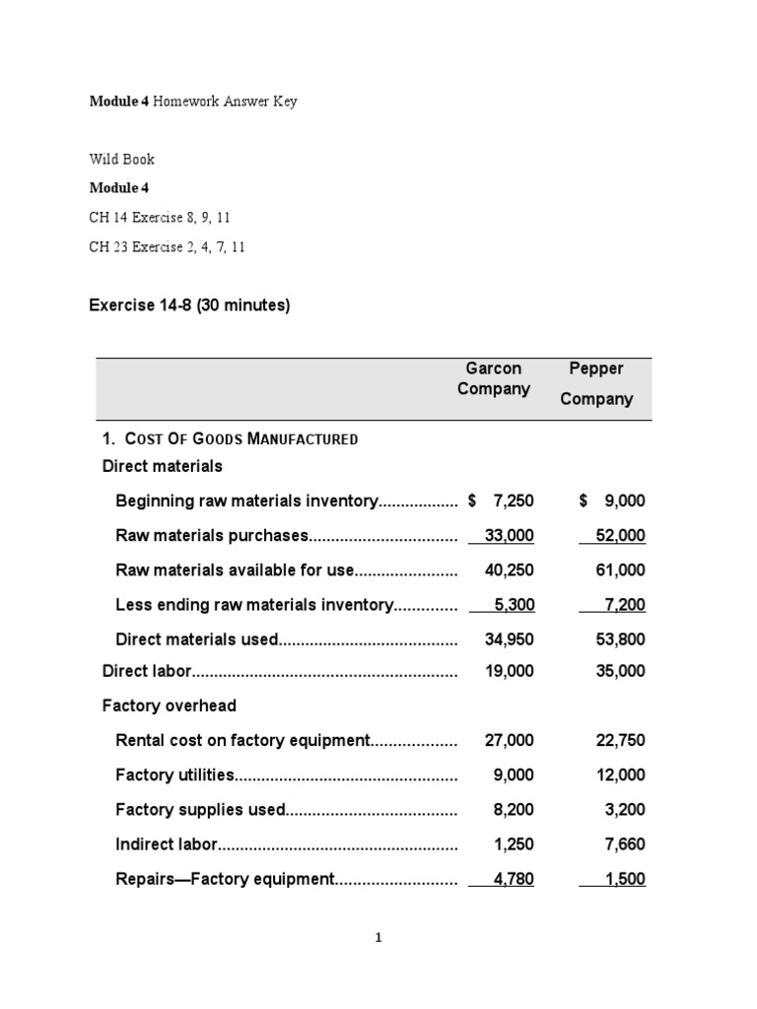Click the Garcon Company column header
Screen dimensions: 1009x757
click(493, 378)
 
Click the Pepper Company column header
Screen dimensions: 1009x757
click(596, 383)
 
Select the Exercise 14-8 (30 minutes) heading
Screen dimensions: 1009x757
click(189, 305)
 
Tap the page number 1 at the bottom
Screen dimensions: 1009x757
click(378, 938)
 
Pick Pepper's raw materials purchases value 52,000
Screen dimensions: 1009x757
click(620, 535)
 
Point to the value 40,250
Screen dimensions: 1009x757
click(510, 570)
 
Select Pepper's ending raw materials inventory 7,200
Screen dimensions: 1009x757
click(621, 604)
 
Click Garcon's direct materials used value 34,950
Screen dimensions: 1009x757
click(510, 639)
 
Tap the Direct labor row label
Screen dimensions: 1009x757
click(146, 671)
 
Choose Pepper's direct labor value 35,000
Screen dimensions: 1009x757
click(620, 671)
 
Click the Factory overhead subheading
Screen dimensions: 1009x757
click(170, 706)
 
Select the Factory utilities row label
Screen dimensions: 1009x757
click(175, 775)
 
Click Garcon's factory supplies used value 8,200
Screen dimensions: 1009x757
click(514, 810)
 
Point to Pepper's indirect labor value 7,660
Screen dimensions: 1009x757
click(624, 844)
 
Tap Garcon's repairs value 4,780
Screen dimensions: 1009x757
click(513, 879)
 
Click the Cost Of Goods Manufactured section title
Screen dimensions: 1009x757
click(231, 438)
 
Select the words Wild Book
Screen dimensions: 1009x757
click(121, 159)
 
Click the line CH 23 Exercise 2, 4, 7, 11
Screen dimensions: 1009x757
click(167, 247)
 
